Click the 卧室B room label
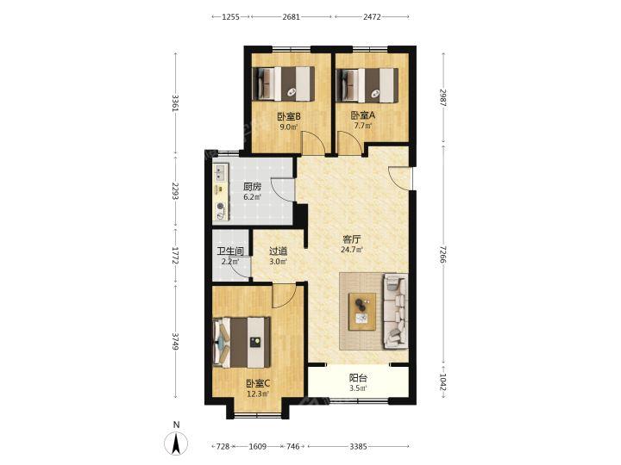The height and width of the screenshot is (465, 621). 289,116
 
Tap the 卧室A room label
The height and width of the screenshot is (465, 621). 362,115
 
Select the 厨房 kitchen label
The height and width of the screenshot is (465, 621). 252,187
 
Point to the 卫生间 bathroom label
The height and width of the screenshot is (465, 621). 230,251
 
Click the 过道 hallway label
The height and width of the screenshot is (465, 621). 278,251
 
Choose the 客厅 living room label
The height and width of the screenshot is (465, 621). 352,239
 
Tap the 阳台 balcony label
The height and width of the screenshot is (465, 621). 358,378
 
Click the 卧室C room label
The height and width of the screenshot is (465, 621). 258,383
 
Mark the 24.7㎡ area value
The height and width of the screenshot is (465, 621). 352,250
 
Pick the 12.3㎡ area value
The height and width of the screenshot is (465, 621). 258,394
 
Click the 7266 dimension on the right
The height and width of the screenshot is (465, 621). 442,254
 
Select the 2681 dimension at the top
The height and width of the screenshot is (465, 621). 292,16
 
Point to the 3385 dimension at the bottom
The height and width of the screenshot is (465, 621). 358,446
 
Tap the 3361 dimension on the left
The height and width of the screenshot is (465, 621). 175,102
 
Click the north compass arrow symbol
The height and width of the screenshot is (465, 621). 176,443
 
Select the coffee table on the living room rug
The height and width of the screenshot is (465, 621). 362,311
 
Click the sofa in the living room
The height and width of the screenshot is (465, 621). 395,312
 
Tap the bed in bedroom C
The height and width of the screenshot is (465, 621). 241,342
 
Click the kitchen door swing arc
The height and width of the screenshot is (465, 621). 282,190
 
